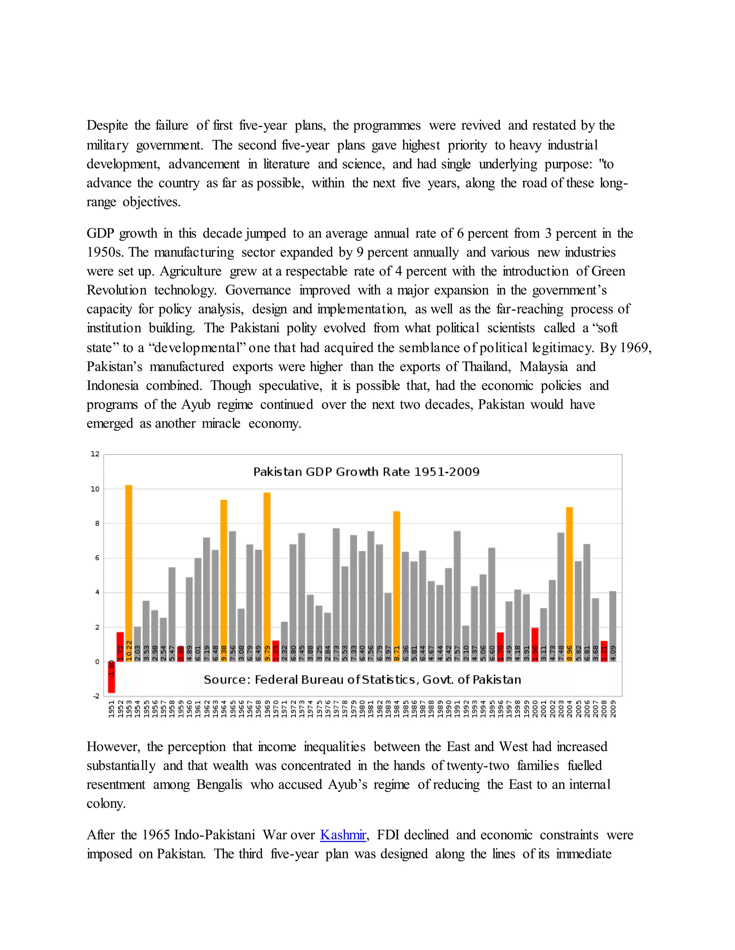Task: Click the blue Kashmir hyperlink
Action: (343, 835)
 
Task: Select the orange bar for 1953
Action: (129, 565)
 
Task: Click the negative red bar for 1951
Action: (112, 677)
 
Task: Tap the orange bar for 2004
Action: (569, 579)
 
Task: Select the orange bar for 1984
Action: (397, 583)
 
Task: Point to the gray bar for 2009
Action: (613, 626)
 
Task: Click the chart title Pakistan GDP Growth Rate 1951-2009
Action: (366, 472)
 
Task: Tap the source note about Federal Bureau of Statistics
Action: (362, 680)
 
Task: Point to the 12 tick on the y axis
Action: (95, 454)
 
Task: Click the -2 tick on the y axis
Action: (96, 696)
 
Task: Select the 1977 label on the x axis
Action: (336, 709)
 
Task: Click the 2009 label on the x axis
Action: (613, 709)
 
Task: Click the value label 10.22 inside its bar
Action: (129, 651)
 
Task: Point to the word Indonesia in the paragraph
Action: (112, 386)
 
